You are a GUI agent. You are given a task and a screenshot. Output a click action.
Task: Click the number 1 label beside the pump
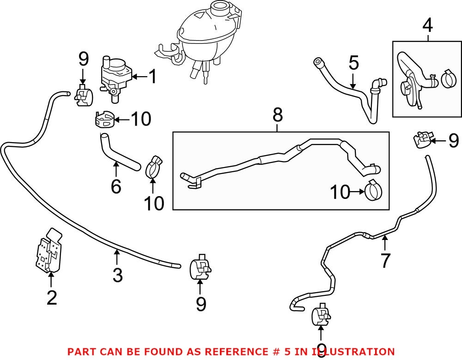tap(152, 77)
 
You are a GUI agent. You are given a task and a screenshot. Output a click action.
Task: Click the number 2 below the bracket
tap(51, 298)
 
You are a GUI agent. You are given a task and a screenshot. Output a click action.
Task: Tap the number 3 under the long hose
tap(117, 275)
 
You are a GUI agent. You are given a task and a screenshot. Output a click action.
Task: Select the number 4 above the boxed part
tap(428, 25)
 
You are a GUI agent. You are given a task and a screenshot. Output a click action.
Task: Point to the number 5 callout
tap(353, 63)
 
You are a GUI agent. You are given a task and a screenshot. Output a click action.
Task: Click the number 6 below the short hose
tap(115, 186)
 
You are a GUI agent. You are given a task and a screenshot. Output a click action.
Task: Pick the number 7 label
tap(385, 260)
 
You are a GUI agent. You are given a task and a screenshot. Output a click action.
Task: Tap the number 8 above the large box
tap(277, 115)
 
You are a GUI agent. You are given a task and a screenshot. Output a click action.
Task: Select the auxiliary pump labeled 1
tap(115, 76)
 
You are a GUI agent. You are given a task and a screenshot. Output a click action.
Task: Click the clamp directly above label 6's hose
tap(104, 120)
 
